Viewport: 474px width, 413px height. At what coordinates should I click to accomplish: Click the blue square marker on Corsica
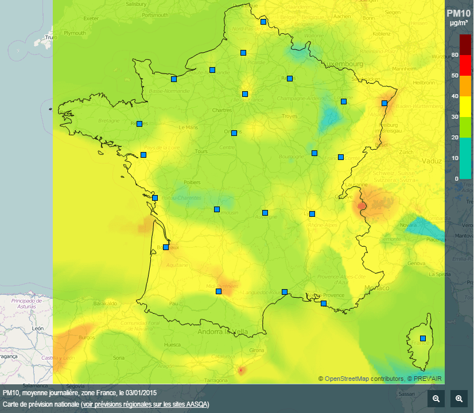[423, 338]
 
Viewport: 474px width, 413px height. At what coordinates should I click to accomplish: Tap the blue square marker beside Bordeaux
[166, 247]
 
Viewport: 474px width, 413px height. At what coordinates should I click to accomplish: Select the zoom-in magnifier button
[459, 399]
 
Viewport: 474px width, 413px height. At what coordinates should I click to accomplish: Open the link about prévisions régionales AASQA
[145, 404]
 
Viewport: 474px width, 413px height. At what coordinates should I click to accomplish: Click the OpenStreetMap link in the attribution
[347, 379]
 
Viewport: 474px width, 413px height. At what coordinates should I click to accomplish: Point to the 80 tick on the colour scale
[456, 55]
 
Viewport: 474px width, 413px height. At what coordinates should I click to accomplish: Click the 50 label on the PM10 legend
[456, 76]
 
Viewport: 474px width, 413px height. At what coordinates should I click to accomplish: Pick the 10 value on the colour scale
[456, 158]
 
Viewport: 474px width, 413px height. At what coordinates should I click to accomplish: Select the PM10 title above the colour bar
[459, 13]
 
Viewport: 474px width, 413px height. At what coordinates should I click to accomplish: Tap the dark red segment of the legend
[465, 45]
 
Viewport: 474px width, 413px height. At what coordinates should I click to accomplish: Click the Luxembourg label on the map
[345, 64]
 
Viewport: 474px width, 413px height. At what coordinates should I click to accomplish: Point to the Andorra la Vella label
[223, 332]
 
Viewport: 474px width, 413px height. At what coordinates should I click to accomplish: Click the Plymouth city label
[74, 33]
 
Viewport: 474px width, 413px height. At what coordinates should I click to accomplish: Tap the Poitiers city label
[192, 182]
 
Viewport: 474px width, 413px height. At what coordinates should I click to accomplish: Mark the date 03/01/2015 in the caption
[141, 393]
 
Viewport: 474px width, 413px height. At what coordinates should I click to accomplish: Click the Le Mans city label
[188, 127]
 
